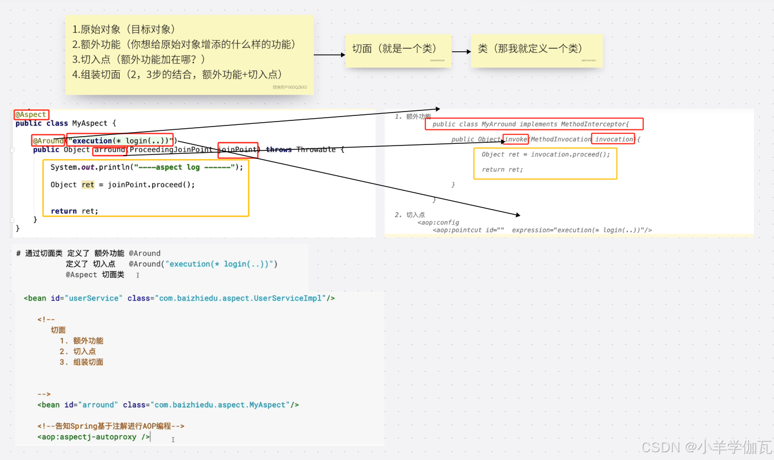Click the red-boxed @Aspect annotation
click(x=31, y=114)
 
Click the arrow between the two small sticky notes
click(x=461, y=52)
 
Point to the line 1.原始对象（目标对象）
click(x=124, y=30)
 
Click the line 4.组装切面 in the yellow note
click(x=177, y=74)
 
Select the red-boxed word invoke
click(x=515, y=139)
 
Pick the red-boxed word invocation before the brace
click(x=613, y=139)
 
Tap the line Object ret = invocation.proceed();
click(x=546, y=154)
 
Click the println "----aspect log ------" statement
click(x=147, y=167)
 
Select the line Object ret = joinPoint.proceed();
click(x=123, y=185)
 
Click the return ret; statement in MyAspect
click(x=74, y=211)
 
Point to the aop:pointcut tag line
click(x=542, y=230)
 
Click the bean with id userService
click(x=179, y=298)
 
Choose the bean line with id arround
click(x=168, y=405)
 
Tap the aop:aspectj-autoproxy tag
click(x=94, y=437)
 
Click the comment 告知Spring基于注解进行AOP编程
click(x=111, y=426)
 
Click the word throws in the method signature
click(x=279, y=149)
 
